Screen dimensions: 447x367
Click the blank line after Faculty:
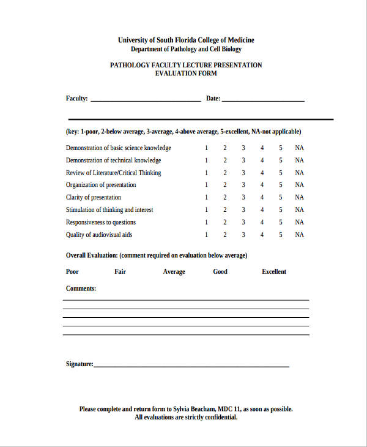(145, 99)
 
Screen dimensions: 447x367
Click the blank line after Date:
(263, 99)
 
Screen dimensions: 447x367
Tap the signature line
(191, 366)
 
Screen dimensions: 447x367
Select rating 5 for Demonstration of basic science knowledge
(281, 148)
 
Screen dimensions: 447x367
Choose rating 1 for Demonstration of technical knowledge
(206, 160)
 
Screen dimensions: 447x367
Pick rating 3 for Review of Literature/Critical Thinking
(243, 173)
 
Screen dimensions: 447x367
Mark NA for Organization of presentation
(299, 185)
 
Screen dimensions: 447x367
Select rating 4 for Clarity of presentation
(262, 198)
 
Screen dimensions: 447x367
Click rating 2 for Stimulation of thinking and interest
(224, 210)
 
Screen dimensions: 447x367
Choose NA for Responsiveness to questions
(299, 222)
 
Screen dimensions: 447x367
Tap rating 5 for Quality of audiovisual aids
(281, 235)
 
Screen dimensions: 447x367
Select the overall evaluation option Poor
(72, 272)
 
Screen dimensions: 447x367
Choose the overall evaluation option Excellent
(273, 272)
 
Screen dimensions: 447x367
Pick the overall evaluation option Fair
(120, 272)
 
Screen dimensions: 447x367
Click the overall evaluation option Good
(220, 272)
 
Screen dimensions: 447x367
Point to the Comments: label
(81, 288)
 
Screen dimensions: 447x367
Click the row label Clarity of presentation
(94, 198)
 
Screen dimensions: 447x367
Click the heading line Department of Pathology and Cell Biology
(186, 50)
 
